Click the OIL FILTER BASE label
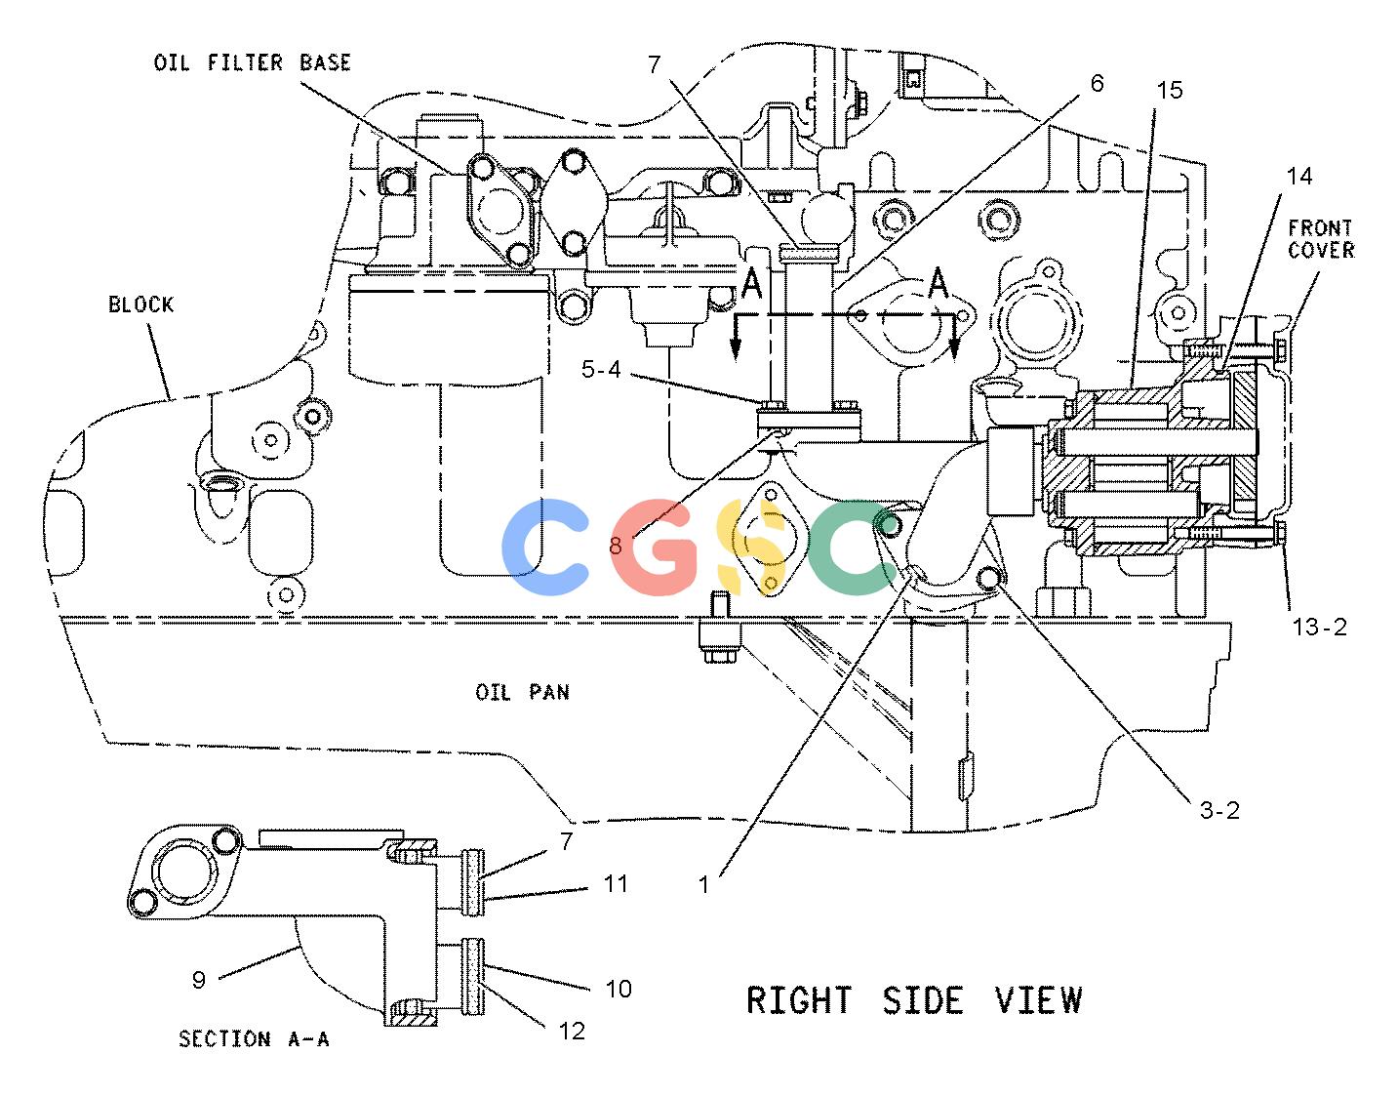coord(253,63)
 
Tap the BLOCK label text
coord(140,304)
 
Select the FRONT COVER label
coord(1321,239)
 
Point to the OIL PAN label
coord(522,693)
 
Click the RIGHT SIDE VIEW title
coord(914,1000)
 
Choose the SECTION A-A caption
coord(254,1039)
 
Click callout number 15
coord(1170,90)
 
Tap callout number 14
coord(1298,177)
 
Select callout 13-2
coord(1320,627)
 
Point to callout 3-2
coord(1219,810)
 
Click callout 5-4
coord(602,370)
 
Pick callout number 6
coord(1097,83)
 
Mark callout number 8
coord(616,546)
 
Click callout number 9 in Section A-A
coord(199,980)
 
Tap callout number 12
coord(572,1032)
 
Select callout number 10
coord(619,990)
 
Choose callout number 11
coord(616,883)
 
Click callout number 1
coord(703,885)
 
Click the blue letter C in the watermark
coord(544,548)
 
